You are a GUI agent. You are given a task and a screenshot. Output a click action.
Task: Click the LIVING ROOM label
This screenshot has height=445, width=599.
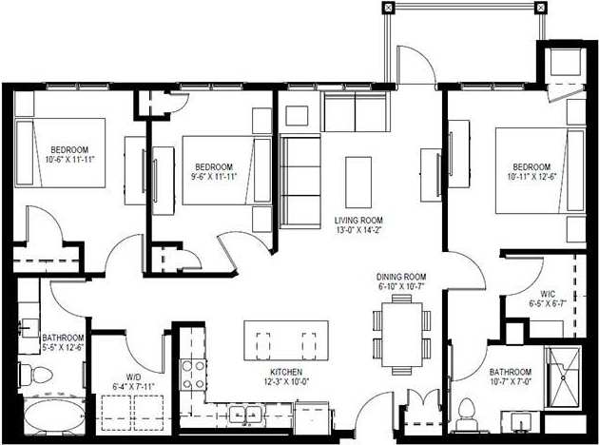click(357, 220)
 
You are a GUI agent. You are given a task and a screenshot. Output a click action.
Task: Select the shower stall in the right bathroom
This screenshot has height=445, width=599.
click(566, 377)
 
